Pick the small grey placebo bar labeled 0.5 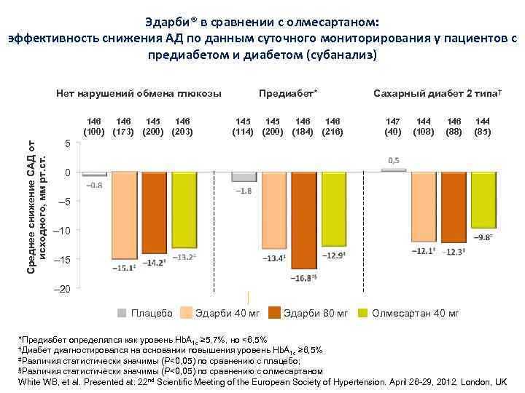tap(393, 170)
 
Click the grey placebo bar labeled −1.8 tap(244, 176)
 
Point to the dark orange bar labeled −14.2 tap(154, 212)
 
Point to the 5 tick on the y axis tap(67, 143)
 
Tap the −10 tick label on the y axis tap(63, 231)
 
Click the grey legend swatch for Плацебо tap(122, 313)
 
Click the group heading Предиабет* tap(288, 95)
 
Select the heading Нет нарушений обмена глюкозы tap(139, 95)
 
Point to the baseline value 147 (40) tap(393, 125)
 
